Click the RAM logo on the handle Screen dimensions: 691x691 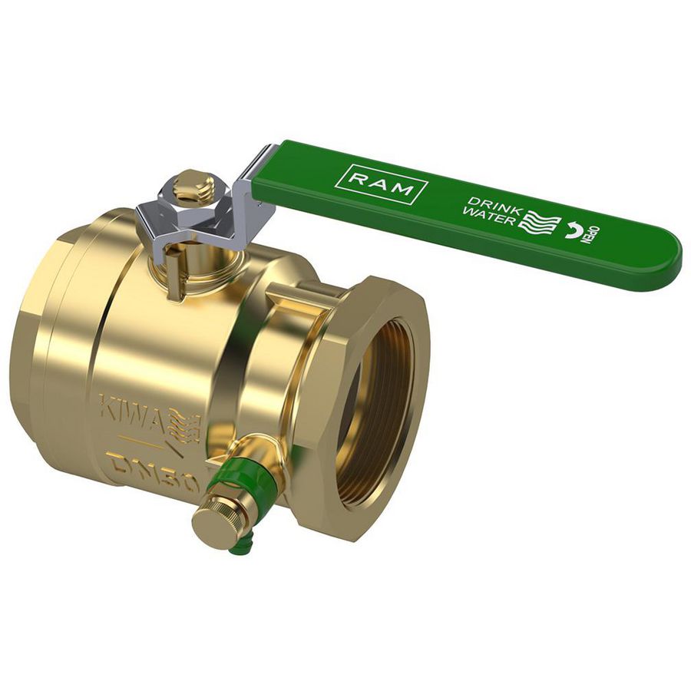tap(382, 183)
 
